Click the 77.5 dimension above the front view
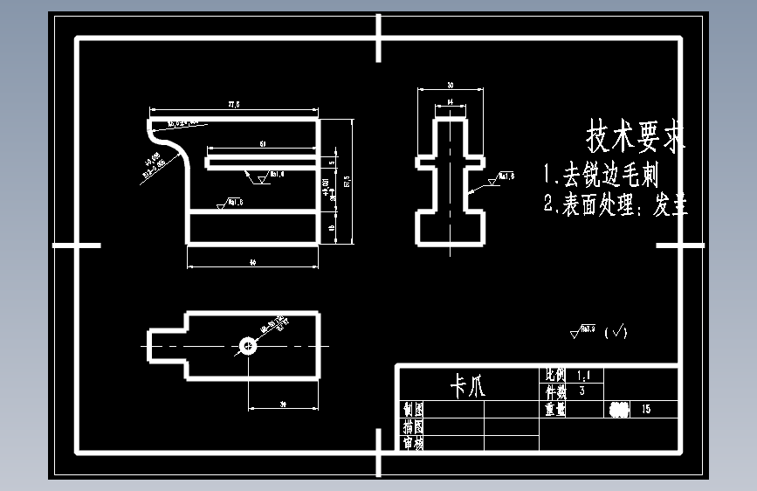pos(234,105)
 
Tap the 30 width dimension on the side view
pos(450,86)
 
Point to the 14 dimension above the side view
pos(450,102)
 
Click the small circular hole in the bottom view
pos(249,347)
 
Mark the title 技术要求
pos(636,136)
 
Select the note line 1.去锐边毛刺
pos(601,175)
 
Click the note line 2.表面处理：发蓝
pos(616,205)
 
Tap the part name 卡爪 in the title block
pos(466,385)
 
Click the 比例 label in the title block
pos(555,375)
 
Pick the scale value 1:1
pos(583,375)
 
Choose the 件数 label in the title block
pos(555,391)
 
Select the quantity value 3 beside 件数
pos(582,391)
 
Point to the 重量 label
pos(555,407)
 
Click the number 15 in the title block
pos(646,408)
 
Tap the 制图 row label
pos(413,408)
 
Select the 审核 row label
pos(413,443)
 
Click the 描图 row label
pos(413,426)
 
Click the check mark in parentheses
pos(616,331)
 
